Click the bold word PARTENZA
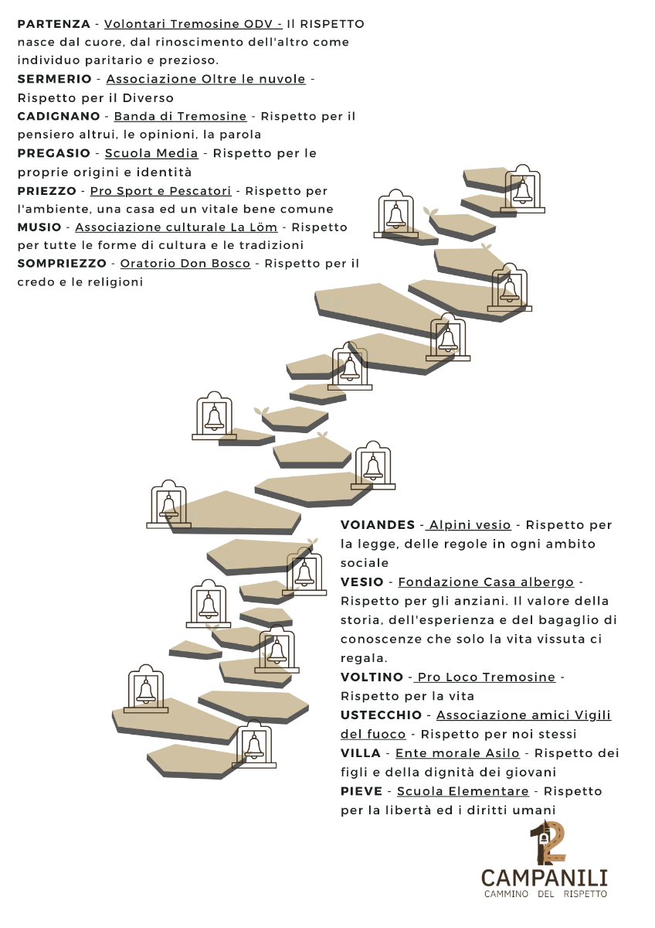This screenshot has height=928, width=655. tap(54, 24)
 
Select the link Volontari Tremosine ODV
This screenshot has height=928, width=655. tap(193, 24)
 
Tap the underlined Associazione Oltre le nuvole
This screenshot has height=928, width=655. tap(206, 79)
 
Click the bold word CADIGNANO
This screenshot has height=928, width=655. tap(59, 116)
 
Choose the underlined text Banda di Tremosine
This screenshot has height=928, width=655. tap(181, 116)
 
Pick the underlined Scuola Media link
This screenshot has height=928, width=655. tap(151, 153)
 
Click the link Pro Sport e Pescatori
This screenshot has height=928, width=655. tap(161, 191)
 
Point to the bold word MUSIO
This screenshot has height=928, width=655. tap(39, 227)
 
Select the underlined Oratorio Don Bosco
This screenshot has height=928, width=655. tap(185, 264)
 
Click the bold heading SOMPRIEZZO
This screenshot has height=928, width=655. tap(62, 264)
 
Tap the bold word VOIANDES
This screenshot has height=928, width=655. tap(378, 525)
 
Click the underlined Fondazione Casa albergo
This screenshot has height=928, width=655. tap(486, 582)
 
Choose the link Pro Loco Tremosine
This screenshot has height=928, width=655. tap(485, 677)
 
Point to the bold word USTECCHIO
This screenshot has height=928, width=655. tap(381, 715)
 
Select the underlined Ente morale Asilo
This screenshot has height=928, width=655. tap(457, 753)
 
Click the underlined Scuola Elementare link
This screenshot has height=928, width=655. tap(463, 791)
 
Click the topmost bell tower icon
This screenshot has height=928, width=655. tap(523, 189)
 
